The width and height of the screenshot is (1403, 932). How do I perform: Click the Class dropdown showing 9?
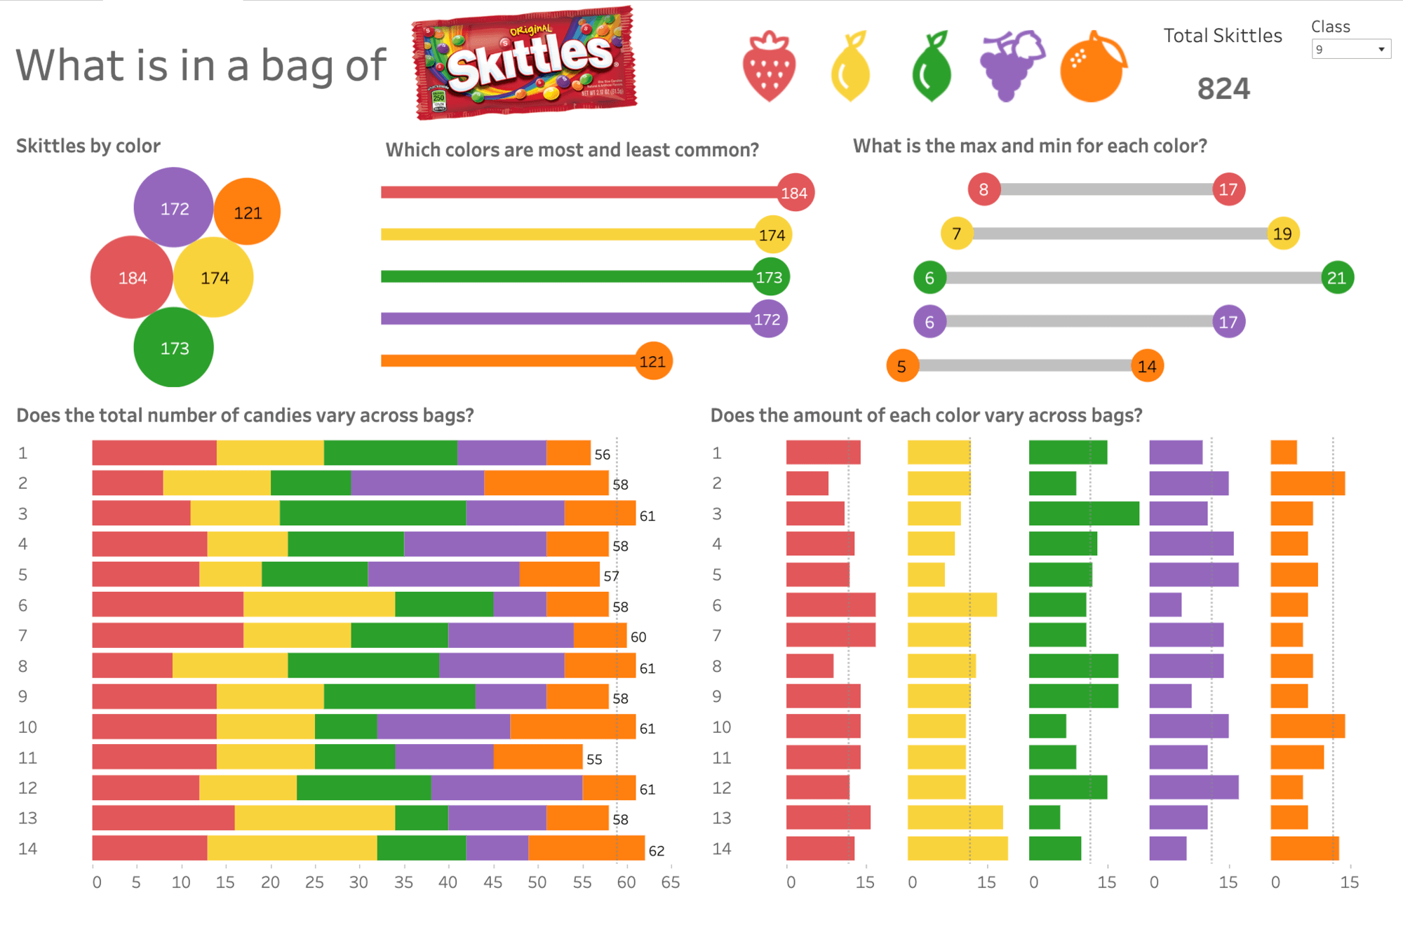(1350, 49)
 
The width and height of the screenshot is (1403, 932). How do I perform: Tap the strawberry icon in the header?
(769, 67)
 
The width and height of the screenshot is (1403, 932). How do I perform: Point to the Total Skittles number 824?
(1223, 89)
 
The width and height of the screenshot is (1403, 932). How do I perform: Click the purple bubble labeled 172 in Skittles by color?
(174, 208)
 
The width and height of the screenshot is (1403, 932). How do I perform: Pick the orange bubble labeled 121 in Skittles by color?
(247, 212)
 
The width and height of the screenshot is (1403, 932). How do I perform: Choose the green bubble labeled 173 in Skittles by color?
(174, 348)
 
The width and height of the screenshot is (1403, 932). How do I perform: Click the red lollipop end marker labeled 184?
(794, 193)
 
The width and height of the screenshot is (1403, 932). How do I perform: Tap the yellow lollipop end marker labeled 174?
(772, 235)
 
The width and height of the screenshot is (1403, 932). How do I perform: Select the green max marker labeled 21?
(1336, 278)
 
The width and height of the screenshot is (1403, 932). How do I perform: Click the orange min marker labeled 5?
(902, 366)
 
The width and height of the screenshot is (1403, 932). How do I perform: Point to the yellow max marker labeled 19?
(1282, 234)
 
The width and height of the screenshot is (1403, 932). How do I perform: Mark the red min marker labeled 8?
(984, 189)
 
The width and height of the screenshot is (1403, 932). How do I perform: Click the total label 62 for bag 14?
(656, 851)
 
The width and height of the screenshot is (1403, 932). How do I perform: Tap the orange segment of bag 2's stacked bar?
(546, 483)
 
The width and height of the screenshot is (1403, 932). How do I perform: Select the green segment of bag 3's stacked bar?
(372, 513)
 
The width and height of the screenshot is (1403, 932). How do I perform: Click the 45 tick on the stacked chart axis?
(492, 882)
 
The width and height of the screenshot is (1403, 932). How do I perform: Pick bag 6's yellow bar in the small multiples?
(951, 605)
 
